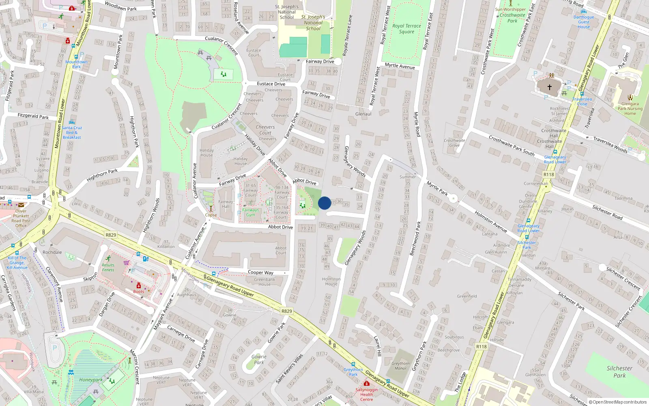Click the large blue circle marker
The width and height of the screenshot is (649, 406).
pos(324,203)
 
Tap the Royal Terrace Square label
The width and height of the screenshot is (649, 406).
pos(406,28)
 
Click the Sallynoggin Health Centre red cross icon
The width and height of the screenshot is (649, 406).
pos(367,383)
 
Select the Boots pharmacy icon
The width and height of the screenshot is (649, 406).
pos(139,286)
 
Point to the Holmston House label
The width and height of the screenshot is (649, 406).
pos(331,281)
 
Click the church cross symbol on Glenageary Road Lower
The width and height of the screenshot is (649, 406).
pos(550,87)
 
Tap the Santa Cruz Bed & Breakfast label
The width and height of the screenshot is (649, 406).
pos(72,132)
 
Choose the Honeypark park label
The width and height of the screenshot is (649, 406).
pos(91,380)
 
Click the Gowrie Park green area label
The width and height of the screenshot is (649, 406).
pos(259,359)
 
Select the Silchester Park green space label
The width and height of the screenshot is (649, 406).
pos(619,371)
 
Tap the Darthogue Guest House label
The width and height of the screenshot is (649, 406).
pos(584,22)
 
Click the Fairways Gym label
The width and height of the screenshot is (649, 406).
pos(250,212)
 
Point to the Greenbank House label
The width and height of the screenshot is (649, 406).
pos(264,282)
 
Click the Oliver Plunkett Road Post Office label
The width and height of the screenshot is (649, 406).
pos(21,218)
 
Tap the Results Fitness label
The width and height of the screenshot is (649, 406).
pos(108,267)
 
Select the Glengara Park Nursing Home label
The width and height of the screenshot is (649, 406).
pos(630,108)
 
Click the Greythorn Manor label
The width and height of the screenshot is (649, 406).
pos(400,366)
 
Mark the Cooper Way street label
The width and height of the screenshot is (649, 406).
pos(260,272)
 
